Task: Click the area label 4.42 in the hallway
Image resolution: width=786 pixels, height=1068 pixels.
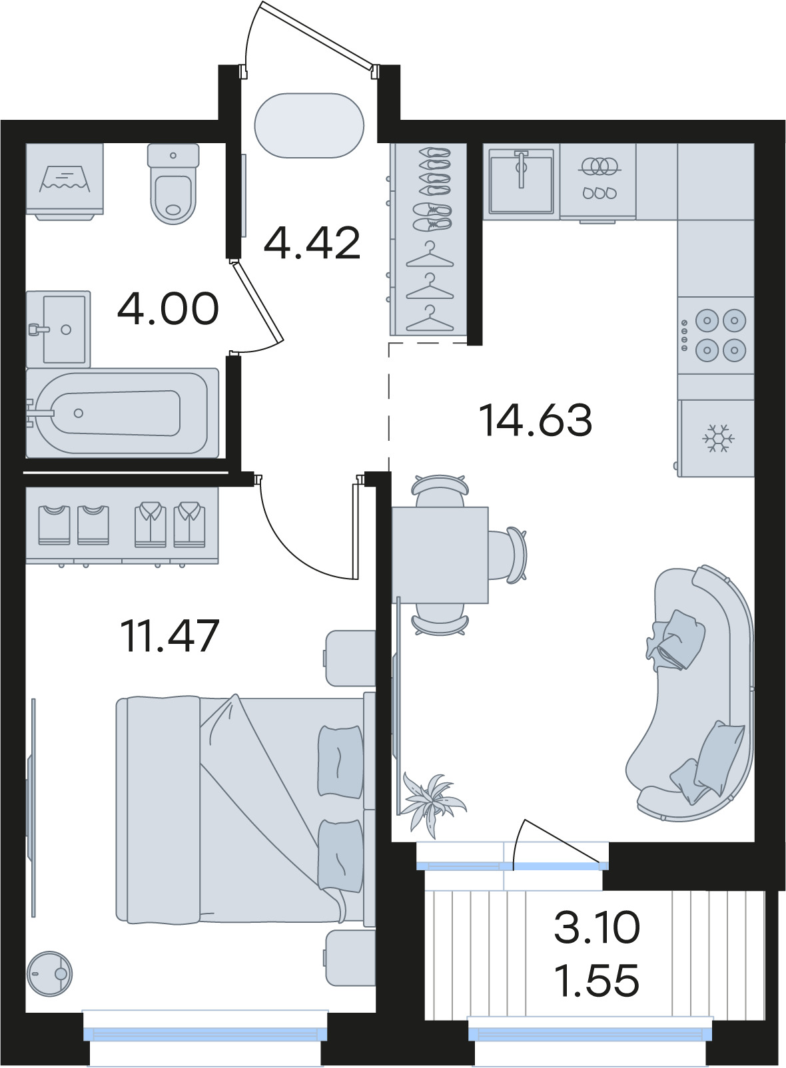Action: coord(312,244)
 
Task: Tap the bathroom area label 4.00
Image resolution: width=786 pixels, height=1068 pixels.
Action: coord(168,309)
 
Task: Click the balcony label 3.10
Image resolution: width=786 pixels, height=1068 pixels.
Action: coord(597,926)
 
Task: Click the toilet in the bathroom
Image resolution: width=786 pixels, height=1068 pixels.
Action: coord(173,184)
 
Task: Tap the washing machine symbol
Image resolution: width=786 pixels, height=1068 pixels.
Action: coord(65,181)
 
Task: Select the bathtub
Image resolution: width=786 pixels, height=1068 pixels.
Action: coord(123,413)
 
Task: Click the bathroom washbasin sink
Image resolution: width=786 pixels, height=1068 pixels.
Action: coord(58,329)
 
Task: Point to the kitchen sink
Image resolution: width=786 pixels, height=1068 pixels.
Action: coord(522,181)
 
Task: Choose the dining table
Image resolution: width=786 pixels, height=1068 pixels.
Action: coord(440,555)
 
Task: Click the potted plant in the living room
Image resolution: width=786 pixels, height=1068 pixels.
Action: coord(433,804)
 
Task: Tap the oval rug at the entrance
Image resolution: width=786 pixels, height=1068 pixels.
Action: coord(309,125)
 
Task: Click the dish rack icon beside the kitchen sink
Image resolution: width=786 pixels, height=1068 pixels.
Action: coord(599,179)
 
